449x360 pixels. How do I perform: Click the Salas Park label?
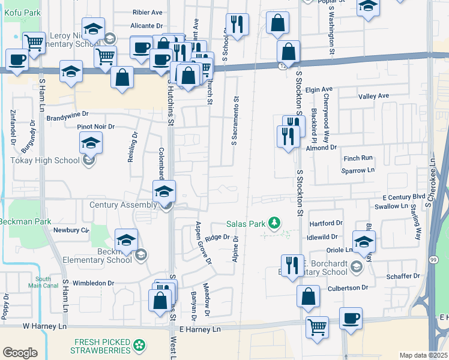pos(246,224)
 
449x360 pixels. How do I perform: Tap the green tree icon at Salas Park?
pos(274,224)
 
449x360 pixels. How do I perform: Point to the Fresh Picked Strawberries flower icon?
pos(139,345)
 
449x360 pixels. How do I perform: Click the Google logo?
pos(20,352)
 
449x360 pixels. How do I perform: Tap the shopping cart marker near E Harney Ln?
pos(317,327)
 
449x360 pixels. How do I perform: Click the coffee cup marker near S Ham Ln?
pos(17,59)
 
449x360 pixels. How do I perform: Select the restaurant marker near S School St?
pos(238,24)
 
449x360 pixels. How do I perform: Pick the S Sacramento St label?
pos(234,122)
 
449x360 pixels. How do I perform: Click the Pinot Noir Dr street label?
pos(95,127)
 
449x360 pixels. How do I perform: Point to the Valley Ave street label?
pos(373,96)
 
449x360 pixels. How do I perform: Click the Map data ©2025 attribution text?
pos(424,355)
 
